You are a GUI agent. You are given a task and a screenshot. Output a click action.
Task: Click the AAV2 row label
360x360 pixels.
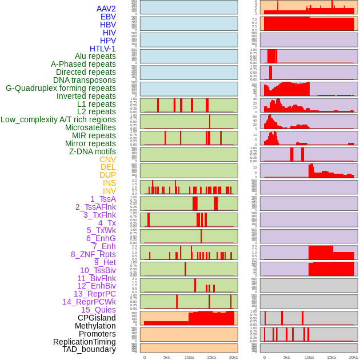(x=106, y=9)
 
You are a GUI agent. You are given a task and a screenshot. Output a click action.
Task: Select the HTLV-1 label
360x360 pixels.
(x=103, y=49)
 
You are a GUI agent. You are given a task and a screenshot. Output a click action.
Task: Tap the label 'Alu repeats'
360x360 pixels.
(x=95, y=56)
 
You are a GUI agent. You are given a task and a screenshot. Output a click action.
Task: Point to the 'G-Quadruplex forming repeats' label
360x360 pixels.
(x=61, y=88)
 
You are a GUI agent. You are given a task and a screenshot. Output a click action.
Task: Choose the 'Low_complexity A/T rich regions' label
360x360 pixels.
(x=58, y=119)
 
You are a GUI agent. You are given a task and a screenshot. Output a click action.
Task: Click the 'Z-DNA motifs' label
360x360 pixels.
(x=93, y=151)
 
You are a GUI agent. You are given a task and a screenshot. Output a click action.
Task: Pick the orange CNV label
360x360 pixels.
(x=107, y=159)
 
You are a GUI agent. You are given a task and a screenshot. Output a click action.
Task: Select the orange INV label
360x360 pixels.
(x=109, y=191)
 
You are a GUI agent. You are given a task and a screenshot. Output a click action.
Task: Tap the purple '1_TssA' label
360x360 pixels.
(x=103, y=199)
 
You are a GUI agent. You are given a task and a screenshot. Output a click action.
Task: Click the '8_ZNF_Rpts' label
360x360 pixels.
(x=93, y=254)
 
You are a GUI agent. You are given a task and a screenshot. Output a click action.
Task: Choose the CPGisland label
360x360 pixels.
(x=97, y=318)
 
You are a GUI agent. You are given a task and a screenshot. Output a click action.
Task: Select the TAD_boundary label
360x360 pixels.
(x=89, y=349)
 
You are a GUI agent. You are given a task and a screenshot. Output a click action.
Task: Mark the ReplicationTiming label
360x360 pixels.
(x=85, y=342)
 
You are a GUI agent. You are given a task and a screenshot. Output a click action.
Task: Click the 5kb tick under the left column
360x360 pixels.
(x=167, y=358)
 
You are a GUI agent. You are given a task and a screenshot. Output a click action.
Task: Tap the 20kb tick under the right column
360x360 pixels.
(x=354, y=358)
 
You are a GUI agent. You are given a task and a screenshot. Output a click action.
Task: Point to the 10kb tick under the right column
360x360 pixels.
(x=309, y=358)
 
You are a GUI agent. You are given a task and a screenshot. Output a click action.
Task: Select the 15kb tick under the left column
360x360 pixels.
(x=211, y=358)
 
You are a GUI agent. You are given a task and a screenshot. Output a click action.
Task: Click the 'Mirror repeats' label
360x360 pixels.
(x=90, y=143)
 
